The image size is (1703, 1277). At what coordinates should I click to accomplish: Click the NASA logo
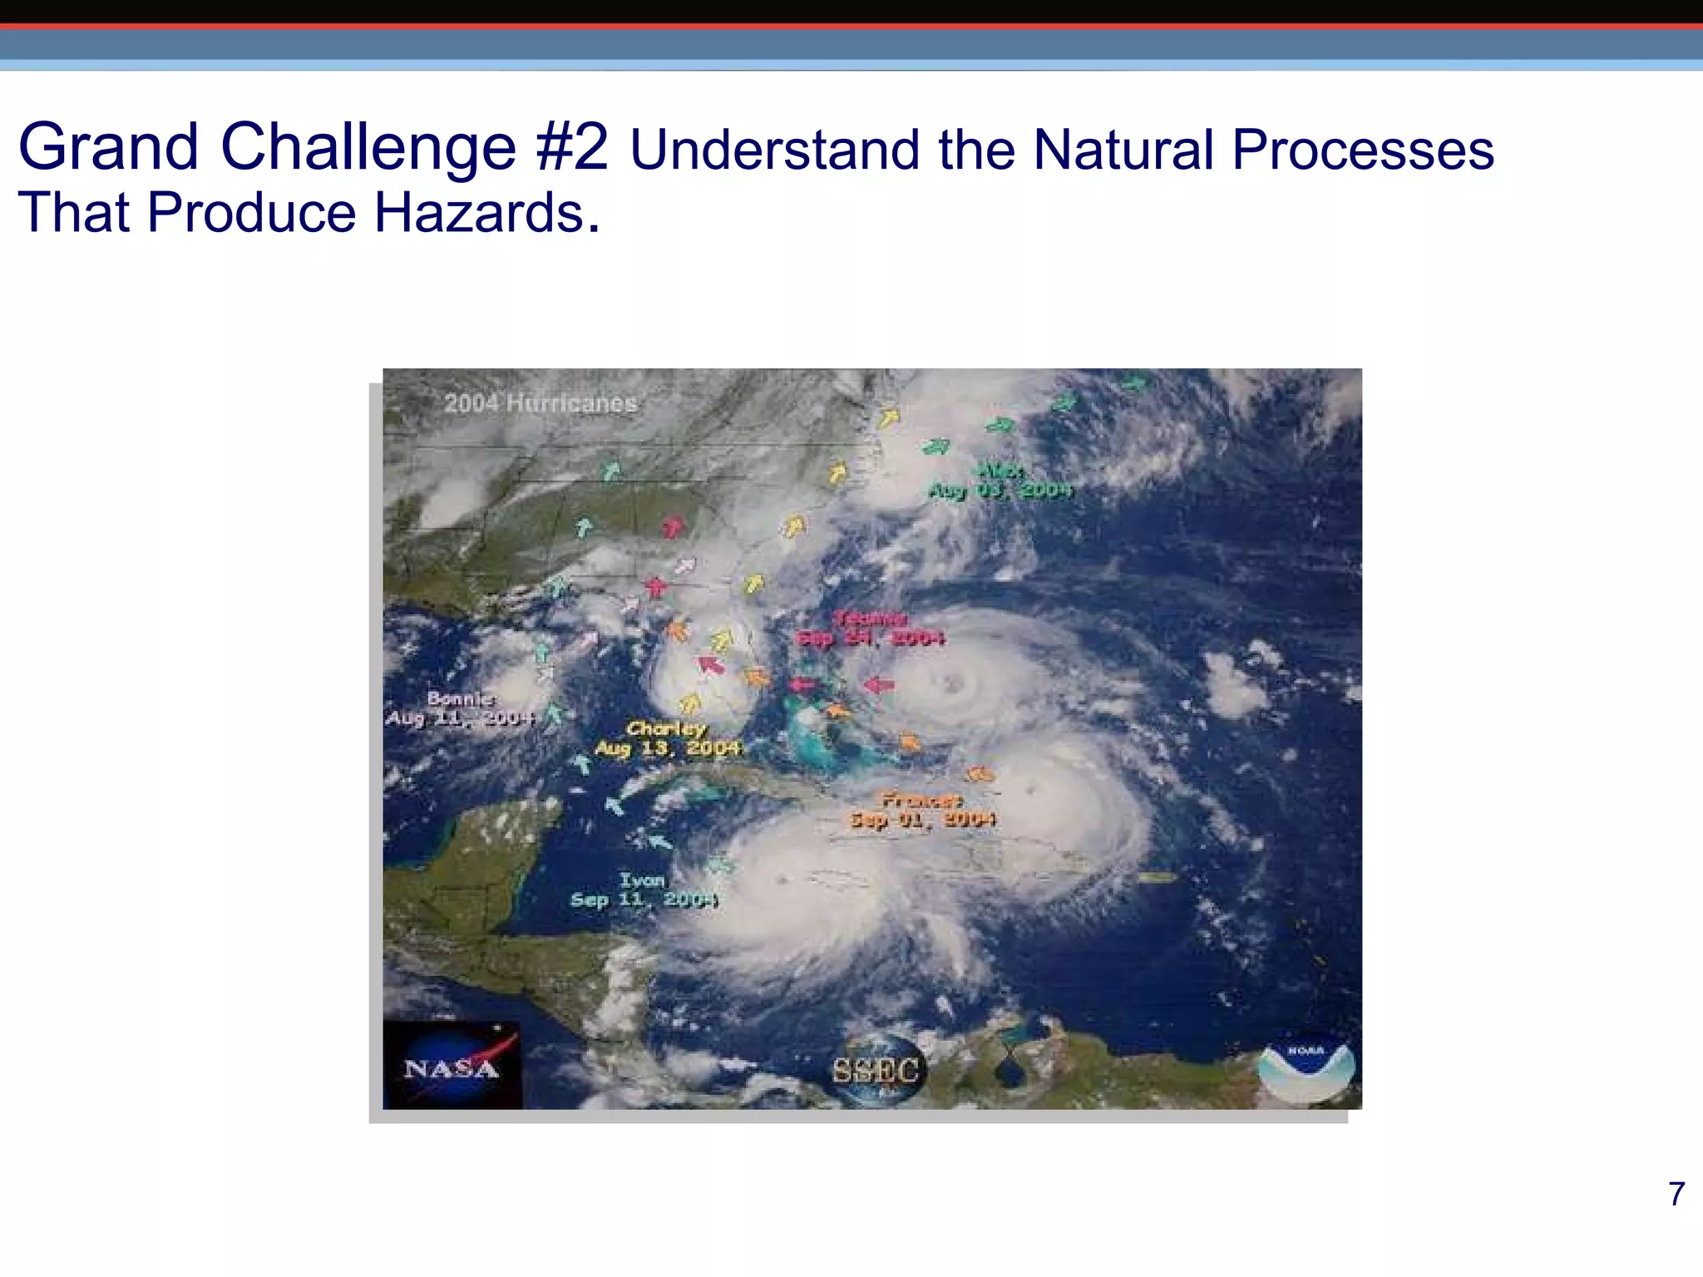[452, 1066]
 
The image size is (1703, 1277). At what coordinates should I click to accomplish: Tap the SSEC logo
[876, 1069]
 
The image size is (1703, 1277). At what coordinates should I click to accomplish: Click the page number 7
[1676, 1194]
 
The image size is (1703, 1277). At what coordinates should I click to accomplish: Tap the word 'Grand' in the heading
[108, 147]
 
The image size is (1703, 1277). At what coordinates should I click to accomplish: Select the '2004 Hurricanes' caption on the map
[540, 404]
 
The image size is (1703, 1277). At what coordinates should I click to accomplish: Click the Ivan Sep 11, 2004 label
[644, 890]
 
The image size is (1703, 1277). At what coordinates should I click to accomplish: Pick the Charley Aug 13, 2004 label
[667, 739]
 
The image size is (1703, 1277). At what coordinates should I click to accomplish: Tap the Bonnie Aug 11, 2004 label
[460, 708]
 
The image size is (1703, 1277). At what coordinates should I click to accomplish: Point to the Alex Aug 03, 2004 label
[1000, 481]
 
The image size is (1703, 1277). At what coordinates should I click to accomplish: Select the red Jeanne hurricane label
[871, 629]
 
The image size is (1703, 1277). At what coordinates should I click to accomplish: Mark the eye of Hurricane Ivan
[782, 880]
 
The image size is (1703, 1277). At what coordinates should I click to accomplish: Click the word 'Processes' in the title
[1363, 150]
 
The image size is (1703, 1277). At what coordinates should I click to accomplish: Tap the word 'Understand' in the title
[775, 150]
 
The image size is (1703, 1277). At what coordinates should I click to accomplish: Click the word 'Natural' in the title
[1123, 150]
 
